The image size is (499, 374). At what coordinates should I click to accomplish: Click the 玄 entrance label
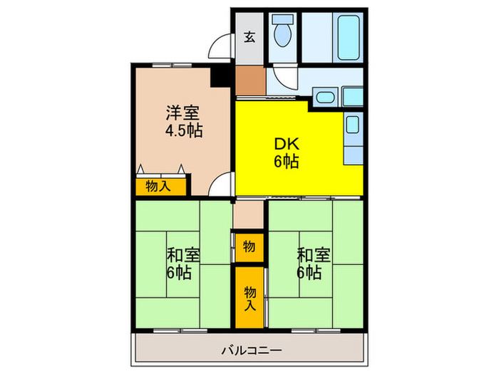tap(249, 37)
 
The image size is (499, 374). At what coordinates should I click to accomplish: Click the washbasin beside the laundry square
tap(325, 98)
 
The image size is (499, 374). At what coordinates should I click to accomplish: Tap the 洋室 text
tap(183, 113)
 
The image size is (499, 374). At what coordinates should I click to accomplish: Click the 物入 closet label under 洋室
tap(158, 187)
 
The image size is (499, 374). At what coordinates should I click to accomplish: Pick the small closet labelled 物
tap(249, 246)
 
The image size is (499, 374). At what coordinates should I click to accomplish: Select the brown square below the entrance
tap(248, 80)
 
